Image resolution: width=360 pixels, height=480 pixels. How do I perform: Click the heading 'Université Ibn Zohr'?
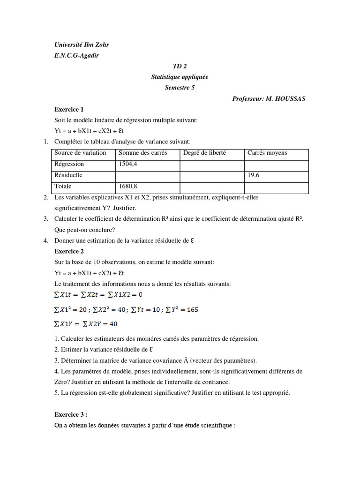pos(82,45)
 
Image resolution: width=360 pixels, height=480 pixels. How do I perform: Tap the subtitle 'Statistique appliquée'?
pos(180,77)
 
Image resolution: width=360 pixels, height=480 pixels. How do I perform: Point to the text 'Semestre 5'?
pos(180,88)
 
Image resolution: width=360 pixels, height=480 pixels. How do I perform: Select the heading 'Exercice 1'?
pos(69,110)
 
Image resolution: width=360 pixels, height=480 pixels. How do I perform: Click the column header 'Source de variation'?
pos(80,153)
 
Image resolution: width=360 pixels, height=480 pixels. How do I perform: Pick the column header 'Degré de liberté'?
pos(204,153)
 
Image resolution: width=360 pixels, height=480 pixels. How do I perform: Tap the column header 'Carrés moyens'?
pos(267,153)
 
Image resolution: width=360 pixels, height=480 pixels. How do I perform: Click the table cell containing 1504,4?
pos(128,164)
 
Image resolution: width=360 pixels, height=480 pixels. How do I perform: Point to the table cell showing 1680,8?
pos(128,187)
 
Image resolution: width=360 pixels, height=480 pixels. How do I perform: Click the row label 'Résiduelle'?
pos(68,175)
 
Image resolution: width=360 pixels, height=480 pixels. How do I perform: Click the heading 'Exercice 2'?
pos(69,251)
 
